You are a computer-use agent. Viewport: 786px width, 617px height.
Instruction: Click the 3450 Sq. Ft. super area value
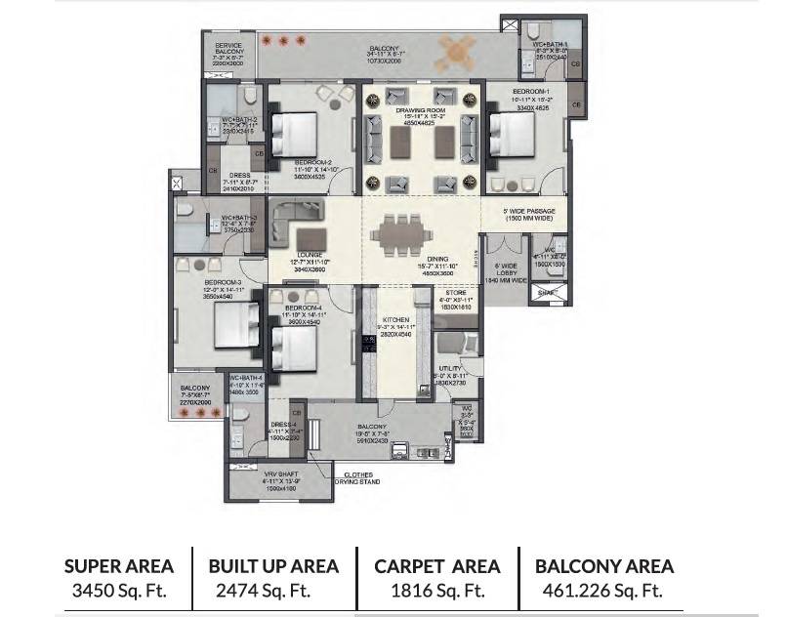(118, 591)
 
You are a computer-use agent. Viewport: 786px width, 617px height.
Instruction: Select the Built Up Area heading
(273, 566)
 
